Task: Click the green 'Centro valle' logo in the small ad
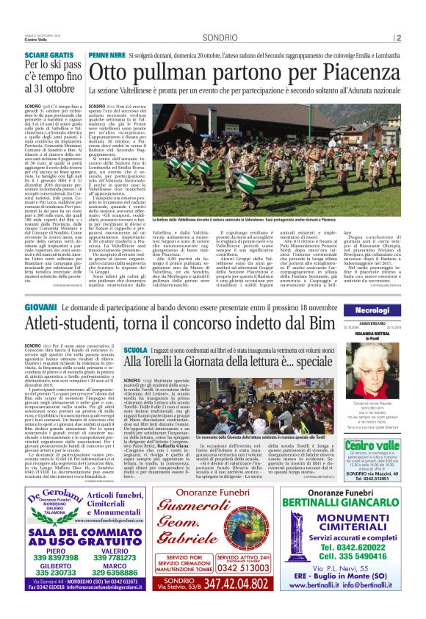pos(375,446)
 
